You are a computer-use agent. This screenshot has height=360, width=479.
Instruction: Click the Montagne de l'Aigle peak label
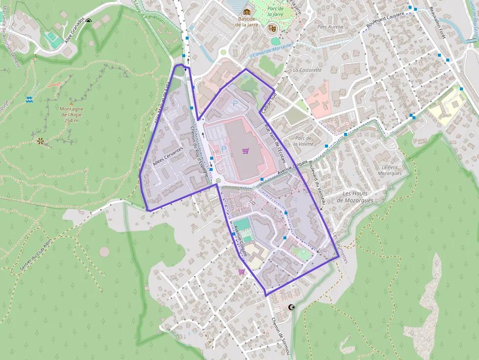point(72,114)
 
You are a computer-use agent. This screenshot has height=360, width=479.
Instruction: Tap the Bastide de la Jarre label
point(246,21)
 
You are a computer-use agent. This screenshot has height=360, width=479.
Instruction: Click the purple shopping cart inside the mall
point(245,151)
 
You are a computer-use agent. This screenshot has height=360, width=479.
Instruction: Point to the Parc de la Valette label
point(303,141)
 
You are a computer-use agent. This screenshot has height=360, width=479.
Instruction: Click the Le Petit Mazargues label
point(390,170)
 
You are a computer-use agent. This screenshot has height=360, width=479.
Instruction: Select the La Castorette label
point(307,70)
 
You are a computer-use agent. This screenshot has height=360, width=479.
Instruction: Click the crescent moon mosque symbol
point(292,307)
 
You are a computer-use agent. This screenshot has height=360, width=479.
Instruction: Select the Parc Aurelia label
point(330,27)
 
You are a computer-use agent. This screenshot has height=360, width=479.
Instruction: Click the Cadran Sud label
point(269,104)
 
